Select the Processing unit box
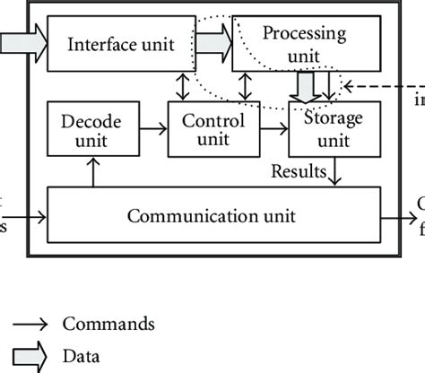302,43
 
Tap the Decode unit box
90,129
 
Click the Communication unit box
212,216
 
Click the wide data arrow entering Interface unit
20,42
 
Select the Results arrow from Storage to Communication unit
334,171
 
